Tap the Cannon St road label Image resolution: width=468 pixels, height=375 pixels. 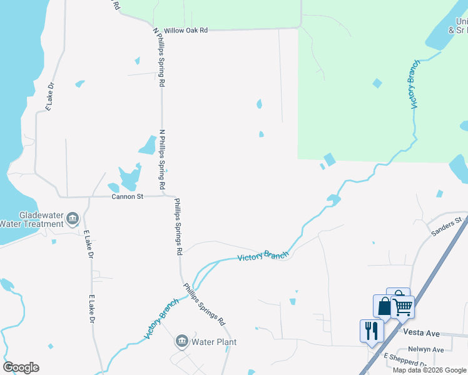[x=128, y=196]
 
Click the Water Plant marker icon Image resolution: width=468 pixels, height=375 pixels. [x=181, y=341]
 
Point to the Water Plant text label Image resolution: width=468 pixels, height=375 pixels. [x=214, y=342]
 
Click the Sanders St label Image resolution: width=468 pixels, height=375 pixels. [x=445, y=227]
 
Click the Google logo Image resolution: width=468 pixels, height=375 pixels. [x=21, y=367]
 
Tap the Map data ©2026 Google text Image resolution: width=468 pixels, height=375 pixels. [x=429, y=370]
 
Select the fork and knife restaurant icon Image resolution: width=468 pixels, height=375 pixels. [x=371, y=329]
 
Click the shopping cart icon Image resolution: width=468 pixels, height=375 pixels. [x=403, y=307]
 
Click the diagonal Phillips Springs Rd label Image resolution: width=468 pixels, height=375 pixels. [x=204, y=304]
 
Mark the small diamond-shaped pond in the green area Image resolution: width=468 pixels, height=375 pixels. [x=377, y=83]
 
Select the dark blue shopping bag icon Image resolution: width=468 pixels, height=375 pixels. [x=384, y=306]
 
